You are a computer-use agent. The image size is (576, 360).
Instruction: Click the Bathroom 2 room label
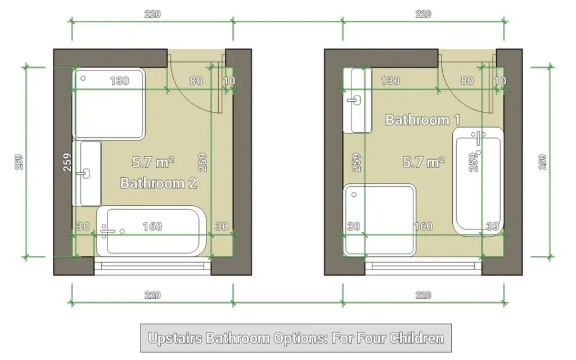click(158, 183)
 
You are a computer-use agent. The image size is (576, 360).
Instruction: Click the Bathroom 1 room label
click(422, 120)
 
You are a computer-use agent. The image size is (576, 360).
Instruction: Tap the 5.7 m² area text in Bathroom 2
click(153, 161)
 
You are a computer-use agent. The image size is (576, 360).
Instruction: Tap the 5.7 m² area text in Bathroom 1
click(424, 161)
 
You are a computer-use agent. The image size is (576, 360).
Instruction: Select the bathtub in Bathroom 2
click(151, 231)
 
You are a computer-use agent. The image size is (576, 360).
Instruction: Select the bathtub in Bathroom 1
click(478, 182)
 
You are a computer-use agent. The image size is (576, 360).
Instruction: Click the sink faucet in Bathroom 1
click(354, 100)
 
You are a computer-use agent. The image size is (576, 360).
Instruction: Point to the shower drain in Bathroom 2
click(83, 78)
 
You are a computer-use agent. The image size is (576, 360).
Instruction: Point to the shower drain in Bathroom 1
click(354, 195)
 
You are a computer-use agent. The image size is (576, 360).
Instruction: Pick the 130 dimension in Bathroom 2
click(119, 81)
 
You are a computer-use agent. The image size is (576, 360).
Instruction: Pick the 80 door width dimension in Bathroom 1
click(467, 81)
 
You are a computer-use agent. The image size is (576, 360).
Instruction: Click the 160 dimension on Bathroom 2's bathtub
click(152, 226)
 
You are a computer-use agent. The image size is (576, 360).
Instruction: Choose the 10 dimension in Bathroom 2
click(229, 81)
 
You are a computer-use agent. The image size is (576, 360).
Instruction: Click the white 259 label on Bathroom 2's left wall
click(67, 162)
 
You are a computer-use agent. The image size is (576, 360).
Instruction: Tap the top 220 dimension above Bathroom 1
click(423, 14)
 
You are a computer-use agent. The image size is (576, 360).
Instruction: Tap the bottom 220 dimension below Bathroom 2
click(152, 295)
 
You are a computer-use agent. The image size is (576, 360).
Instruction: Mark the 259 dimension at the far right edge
click(543, 162)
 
